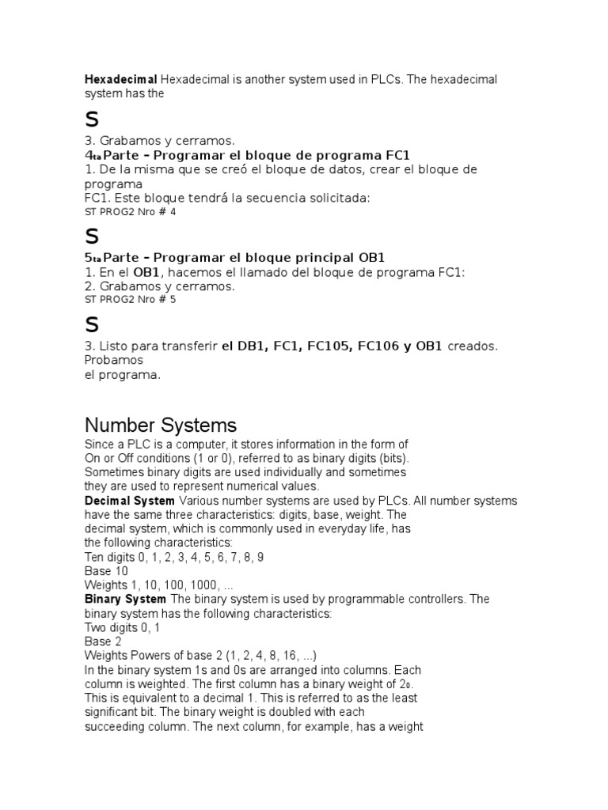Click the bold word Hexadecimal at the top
point(121,79)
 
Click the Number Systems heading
point(161,425)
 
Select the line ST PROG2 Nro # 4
point(130,212)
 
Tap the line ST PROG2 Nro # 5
point(130,300)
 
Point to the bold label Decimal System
point(130,501)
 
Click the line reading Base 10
point(106,570)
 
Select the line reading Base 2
point(103,642)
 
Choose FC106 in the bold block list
point(382,346)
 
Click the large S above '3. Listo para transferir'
point(92,324)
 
